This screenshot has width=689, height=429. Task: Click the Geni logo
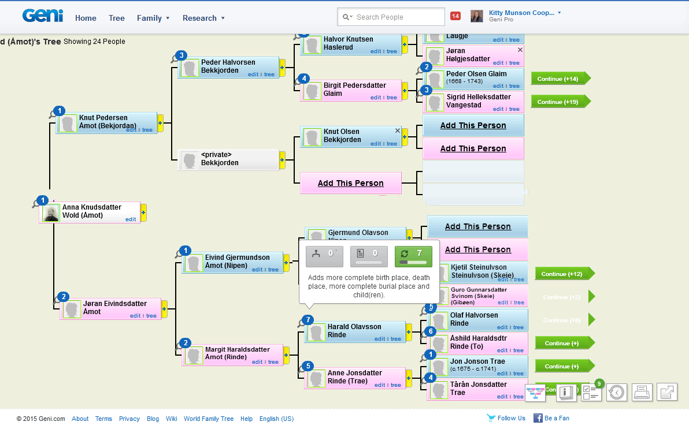pos(43,16)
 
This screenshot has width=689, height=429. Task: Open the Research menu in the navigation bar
pos(203,18)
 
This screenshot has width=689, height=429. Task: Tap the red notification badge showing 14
pos(455,16)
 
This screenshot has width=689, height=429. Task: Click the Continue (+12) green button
pos(562,274)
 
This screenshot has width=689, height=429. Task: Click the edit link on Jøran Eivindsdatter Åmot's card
pos(135,316)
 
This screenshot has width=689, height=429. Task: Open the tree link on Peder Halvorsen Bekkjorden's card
pos(269,74)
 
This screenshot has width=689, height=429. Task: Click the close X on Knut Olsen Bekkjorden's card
pos(397,130)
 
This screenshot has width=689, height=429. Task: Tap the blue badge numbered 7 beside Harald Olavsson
pos(308,319)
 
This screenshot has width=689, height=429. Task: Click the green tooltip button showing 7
pos(413,256)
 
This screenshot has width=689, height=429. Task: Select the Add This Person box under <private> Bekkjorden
pos(350,183)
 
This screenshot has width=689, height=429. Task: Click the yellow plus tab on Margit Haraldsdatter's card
pos(286,355)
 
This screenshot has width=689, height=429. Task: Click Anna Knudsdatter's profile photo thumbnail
pos(51,212)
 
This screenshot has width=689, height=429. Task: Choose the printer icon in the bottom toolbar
pos(642,392)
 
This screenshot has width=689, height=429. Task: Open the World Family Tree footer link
pos(209,419)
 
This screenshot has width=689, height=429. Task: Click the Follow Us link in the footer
pos(510,418)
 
